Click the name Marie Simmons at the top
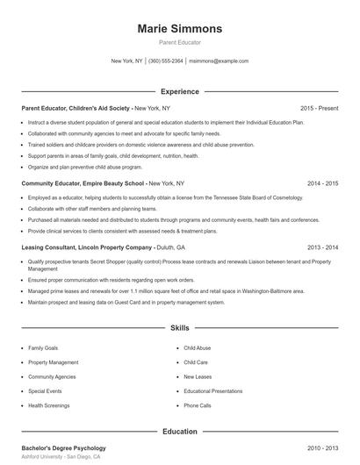click(x=179, y=28)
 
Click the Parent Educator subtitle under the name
click(x=179, y=42)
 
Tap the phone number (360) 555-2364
click(x=166, y=61)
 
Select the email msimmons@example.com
click(x=219, y=61)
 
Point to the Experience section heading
click(x=179, y=91)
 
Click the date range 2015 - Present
click(x=319, y=108)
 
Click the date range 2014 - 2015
click(x=322, y=183)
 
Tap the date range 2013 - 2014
click(x=322, y=248)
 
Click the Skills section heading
click(x=179, y=328)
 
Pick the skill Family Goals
click(x=43, y=348)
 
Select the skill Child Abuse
click(x=197, y=348)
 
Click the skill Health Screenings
click(x=49, y=406)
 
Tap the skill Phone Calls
click(x=197, y=406)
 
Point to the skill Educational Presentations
click(x=214, y=391)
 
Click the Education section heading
click(x=179, y=432)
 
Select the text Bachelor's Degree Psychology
click(x=63, y=448)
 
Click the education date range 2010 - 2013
click(x=322, y=448)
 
